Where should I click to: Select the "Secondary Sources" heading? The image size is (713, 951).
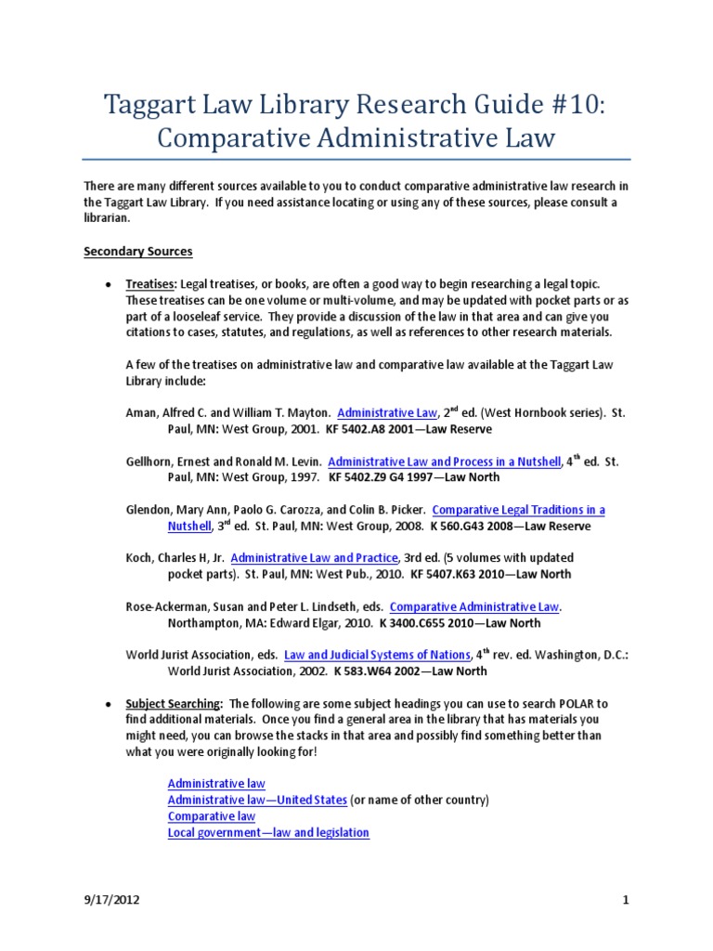[137, 251]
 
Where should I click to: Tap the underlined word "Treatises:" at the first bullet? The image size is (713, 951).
[151, 282]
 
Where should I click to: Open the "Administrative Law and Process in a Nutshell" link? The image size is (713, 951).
[445, 461]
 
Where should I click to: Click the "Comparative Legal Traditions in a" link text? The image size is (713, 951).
[518, 510]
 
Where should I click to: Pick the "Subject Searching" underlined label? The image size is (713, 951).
[174, 703]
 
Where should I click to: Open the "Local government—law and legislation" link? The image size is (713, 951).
[268, 832]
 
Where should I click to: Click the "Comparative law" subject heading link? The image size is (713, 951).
[211, 816]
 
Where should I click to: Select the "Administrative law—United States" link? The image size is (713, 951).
[257, 800]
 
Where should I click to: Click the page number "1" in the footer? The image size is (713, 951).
[626, 900]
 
